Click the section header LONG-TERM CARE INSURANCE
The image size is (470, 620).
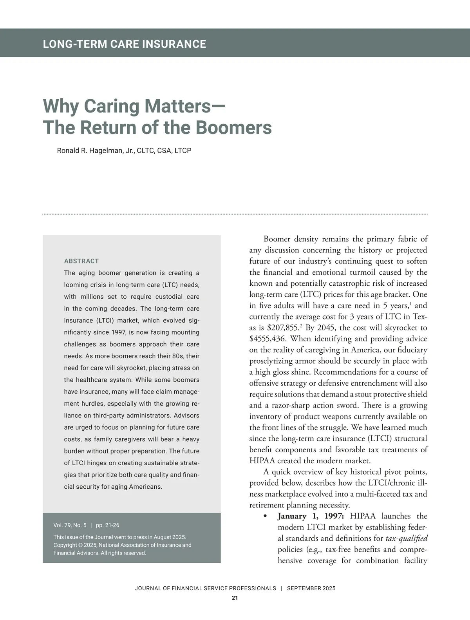124,44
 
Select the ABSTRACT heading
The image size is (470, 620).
81,261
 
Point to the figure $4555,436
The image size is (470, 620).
268,339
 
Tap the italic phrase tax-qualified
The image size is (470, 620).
407,538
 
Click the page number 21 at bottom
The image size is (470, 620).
235,598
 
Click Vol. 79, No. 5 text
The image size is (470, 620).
70,525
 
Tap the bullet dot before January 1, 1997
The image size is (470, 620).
266,516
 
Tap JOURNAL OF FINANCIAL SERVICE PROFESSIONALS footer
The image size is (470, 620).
205,588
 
